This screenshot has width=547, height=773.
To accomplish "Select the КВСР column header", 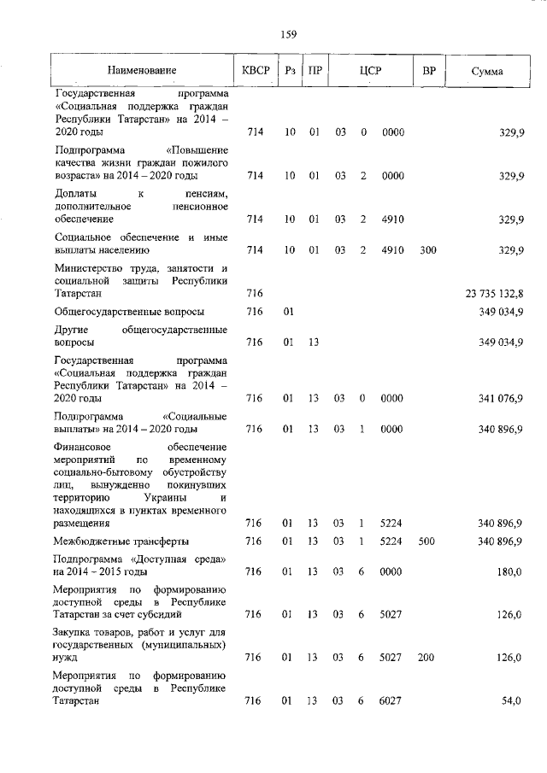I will [x=255, y=70].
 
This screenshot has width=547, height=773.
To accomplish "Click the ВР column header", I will [x=429, y=70].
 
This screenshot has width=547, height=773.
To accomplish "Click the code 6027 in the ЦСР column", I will [x=391, y=701].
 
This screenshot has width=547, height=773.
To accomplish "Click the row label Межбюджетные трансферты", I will [x=122, y=542].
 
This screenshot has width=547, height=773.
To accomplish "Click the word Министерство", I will [x=89, y=268].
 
